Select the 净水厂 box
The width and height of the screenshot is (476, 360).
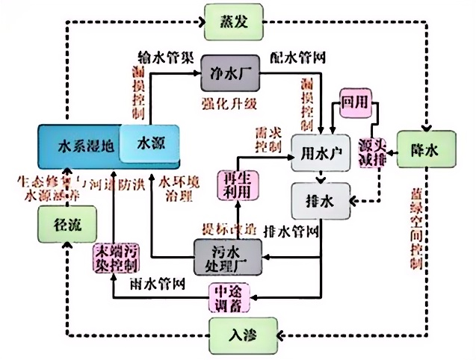[229, 73]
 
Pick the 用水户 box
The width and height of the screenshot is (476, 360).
[321, 152]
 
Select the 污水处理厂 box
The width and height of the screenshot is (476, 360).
[229, 257]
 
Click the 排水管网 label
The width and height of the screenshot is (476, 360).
[292, 229]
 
